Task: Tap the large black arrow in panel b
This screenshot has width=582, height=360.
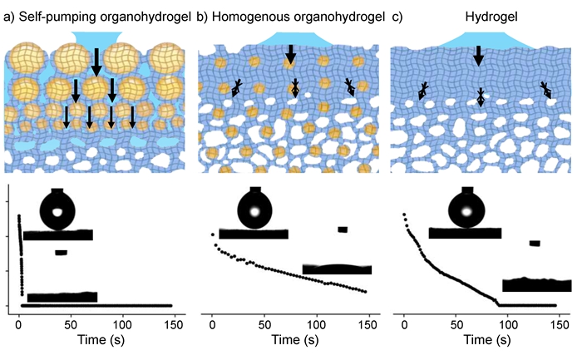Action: click(x=290, y=52)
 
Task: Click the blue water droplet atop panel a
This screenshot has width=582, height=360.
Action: click(x=97, y=38)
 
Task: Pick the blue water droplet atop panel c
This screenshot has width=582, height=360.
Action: click(x=479, y=37)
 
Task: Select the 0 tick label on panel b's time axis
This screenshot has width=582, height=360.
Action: click(x=212, y=322)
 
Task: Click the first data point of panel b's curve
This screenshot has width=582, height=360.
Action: click(x=212, y=236)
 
